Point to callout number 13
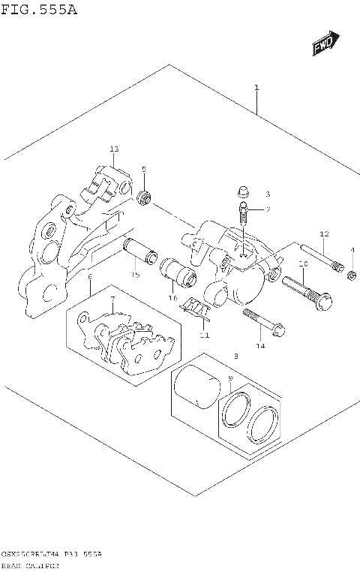114,149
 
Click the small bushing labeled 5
145,197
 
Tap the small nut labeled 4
351,278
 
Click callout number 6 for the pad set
89,277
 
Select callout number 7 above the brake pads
112,300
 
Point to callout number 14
260,346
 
